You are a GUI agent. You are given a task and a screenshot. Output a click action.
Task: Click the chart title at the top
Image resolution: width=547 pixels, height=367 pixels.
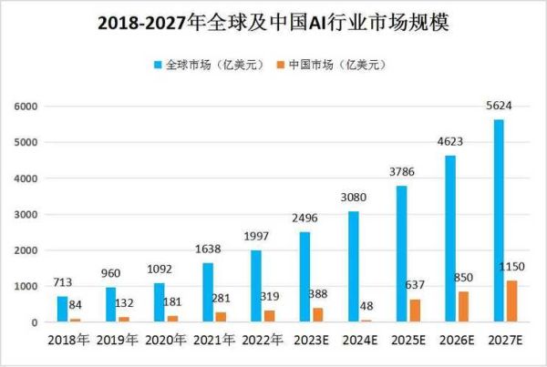[273, 23]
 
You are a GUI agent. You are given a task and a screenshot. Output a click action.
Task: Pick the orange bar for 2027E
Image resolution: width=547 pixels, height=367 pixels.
[511, 301]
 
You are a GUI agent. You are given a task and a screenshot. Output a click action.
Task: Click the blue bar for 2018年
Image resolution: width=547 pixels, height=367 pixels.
[62, 309]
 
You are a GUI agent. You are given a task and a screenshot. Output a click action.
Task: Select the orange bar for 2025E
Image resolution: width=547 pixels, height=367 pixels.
[415, 311]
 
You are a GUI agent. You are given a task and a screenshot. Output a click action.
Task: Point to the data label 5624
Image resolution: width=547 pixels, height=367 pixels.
[498, 106]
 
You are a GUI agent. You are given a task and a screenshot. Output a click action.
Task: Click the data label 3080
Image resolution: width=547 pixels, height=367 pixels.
[353, 197]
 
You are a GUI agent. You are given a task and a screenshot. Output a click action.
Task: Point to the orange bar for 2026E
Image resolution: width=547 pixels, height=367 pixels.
[463, 307]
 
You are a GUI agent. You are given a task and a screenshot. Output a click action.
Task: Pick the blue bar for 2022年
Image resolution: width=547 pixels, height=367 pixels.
[256, 286]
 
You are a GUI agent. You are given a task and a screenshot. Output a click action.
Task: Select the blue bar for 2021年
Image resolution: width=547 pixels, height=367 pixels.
[208, 292]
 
